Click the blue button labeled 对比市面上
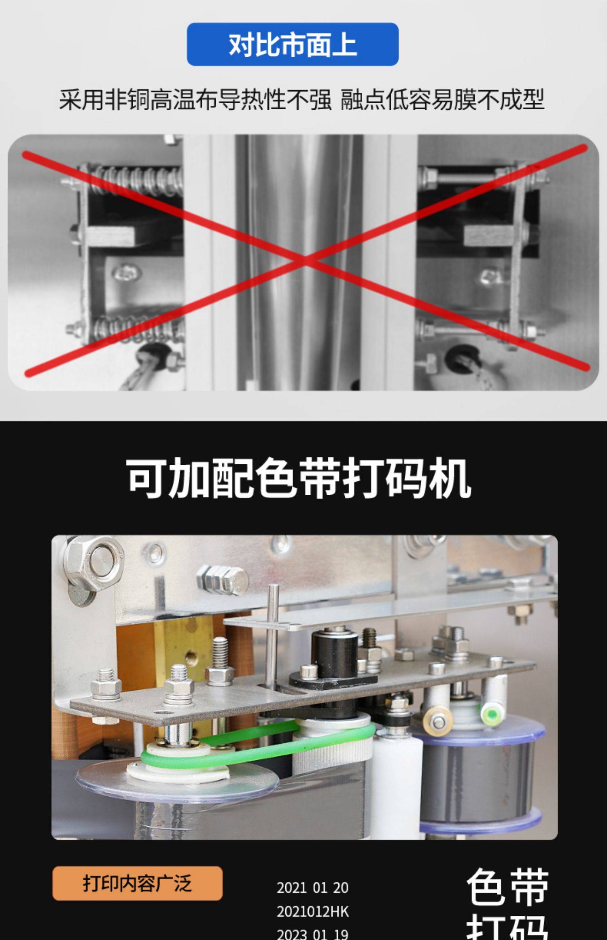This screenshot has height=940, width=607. click(x=293, y=44)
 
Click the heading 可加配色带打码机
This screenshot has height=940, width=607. click(x=299, y=478)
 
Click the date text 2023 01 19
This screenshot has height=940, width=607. click(x=312, y=934)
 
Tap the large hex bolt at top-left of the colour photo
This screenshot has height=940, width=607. click(x=94, y=563)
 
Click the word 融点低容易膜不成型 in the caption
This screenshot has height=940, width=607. click(x=442, y=100)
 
